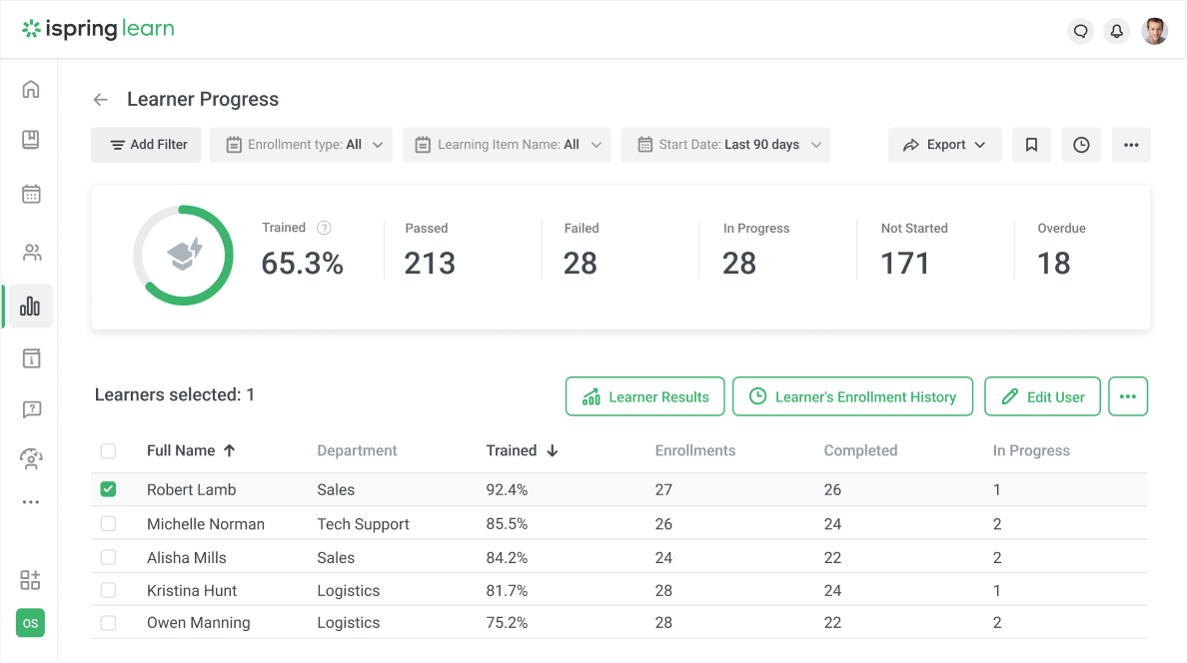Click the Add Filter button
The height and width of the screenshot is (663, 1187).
pyautogui.click(x=146, y=145)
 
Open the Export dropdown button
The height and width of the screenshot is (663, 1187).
pyautogui.click(x=945, y=145)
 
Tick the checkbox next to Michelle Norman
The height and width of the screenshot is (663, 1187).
pyautogui.click(x=108, y=524)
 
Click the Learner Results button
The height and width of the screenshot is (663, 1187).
pyautogui.click(x=645, y=396)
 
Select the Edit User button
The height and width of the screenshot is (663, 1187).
pyautogui.click(x=1042, y=396)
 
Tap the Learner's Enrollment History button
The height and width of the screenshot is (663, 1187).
pyautogui.click(x=852, y=396)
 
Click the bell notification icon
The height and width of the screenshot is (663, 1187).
pyautogui.click(x=1117, y=31)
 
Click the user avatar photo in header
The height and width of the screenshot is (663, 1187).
pyautogui.click(x=1154, y=31)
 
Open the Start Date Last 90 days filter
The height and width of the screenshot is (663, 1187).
pyautogui.click(x=725, y=145)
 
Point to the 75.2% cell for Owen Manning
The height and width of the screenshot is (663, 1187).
pyautogui.click(x=507, y=623)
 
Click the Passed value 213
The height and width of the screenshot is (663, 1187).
pyautogui.click(x=430, y=263)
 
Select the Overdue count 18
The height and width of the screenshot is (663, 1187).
pyautogui.click(x=1053, y=263)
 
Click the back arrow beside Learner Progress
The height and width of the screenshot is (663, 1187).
pyautogui.click(x=100, y=100)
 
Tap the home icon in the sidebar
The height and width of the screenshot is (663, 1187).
pyautogui.click(x=31, y=89)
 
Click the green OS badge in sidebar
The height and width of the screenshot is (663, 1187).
pyautogui.click(x=30, y=623)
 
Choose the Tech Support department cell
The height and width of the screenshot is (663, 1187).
pyautogui.click(x=363, y=524)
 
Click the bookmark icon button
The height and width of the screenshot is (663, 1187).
pyautogui.click(x=1031, y=145)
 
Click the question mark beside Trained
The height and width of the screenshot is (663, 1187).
pyautogui.click(x=324, y=228)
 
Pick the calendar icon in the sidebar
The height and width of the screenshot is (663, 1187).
pyautogui.click(x=31, y=194)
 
